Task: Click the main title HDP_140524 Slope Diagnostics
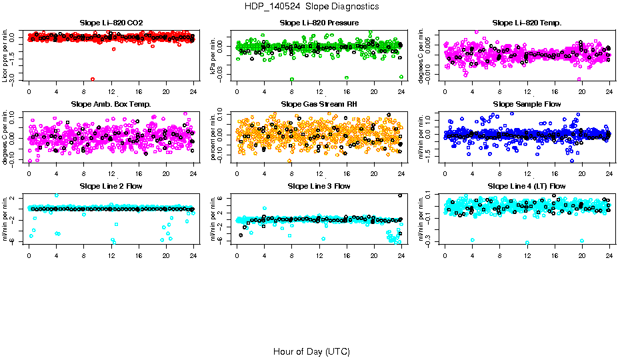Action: pos(311,7)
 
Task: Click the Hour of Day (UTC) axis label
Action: pos(311,351)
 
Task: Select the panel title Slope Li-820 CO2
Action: pos(111,23)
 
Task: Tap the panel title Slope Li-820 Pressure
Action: pos(319,23)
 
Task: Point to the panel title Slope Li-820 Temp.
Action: pos(527,23)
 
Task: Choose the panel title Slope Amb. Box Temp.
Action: pos(111,105)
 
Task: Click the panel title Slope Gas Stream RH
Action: pos(319,105)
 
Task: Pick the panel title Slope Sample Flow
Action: pos(527,105)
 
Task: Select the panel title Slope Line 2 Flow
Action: pos(111,186)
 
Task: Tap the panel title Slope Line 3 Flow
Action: pos(319,186)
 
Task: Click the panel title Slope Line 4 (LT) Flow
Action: pos(527,186)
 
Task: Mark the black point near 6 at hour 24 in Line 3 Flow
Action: pos(400,195)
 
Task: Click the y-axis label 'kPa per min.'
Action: pos(215,55)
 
